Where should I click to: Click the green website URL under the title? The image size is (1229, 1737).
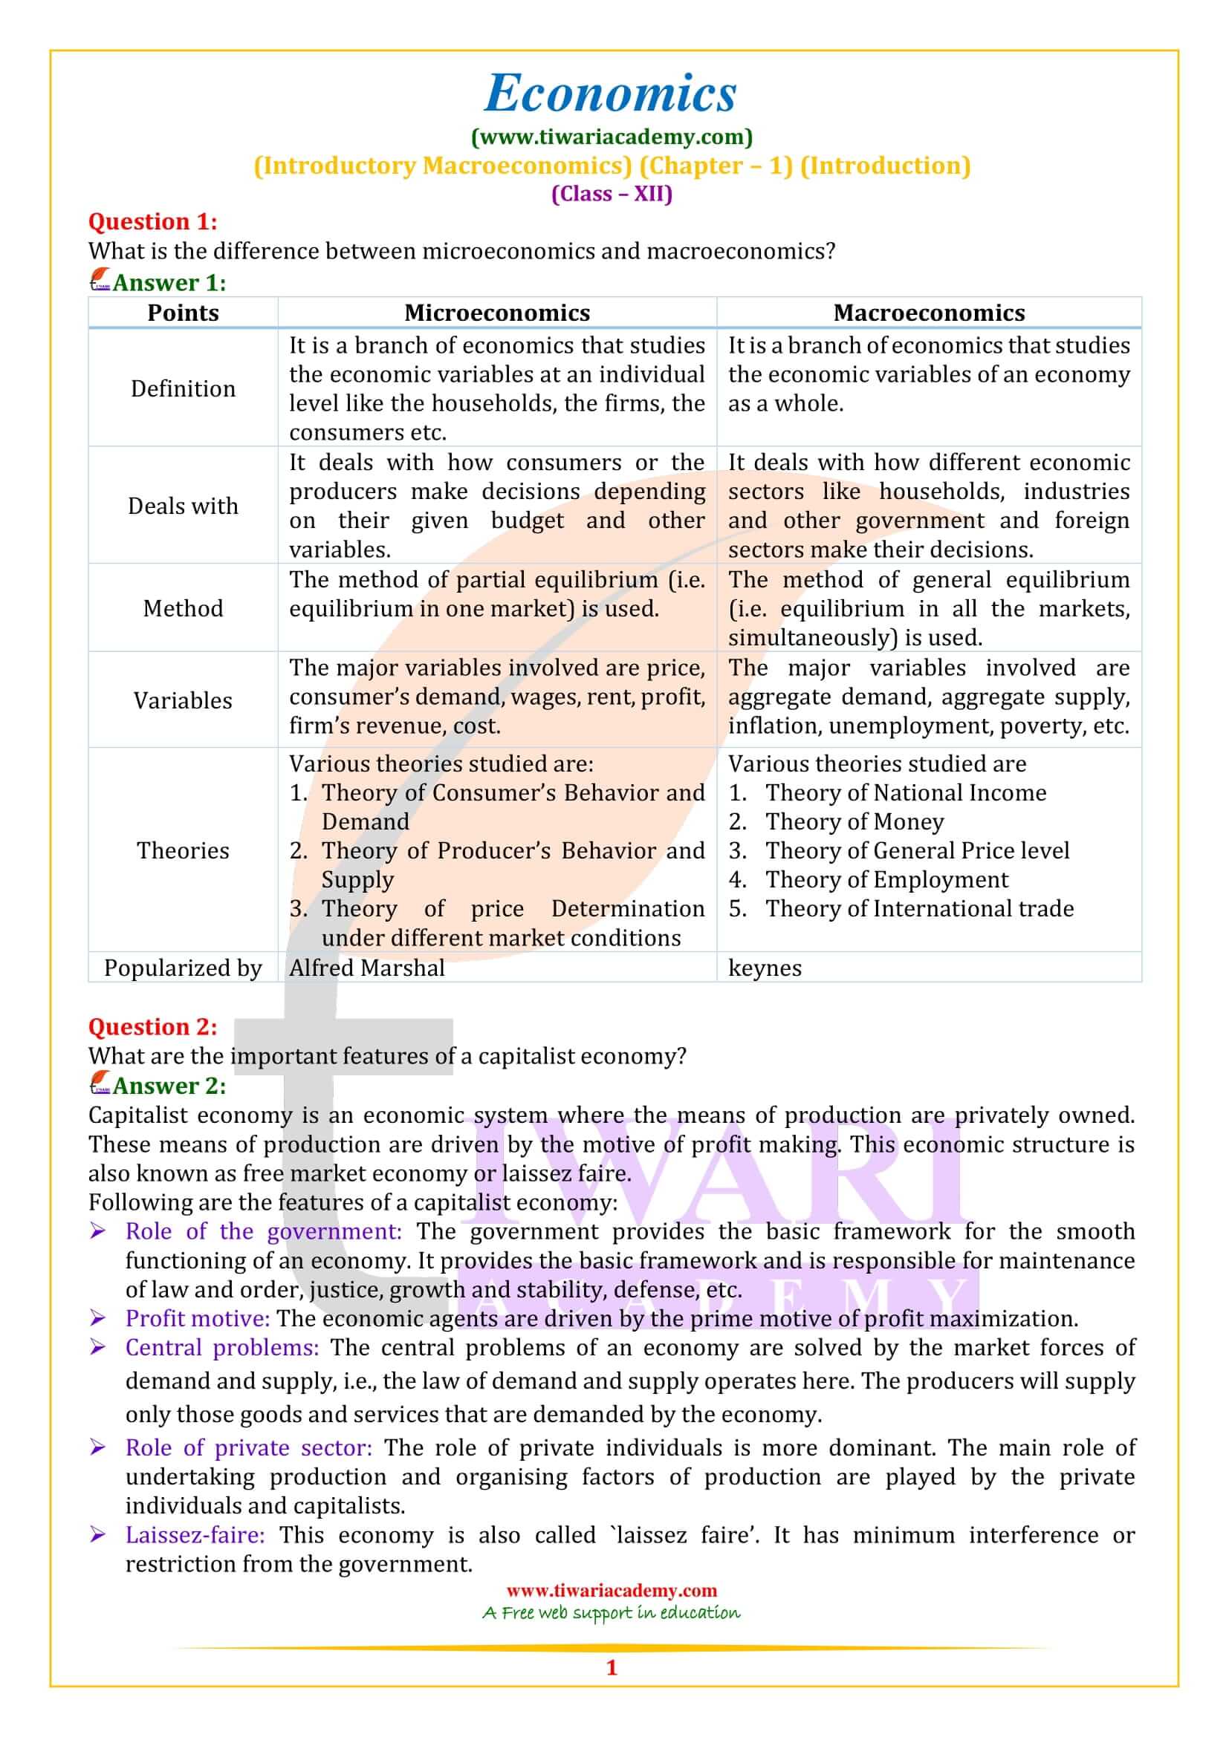point(612,137)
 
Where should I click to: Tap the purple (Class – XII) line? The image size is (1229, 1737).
point(612,194)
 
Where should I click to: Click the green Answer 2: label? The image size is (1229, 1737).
point(169,1086)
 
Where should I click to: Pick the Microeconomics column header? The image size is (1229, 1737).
point(496,313)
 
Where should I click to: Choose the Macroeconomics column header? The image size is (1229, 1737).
point(929,313)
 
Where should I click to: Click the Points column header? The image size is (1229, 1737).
point(183,313)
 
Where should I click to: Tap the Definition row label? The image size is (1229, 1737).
point(183,388)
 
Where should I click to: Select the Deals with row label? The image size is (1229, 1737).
point(183,506)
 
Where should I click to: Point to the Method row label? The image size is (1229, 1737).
point(183,608)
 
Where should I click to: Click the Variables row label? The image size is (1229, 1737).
point(183,700)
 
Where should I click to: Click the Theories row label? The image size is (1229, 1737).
point(183,850)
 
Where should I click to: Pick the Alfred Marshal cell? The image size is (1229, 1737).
point(367,968)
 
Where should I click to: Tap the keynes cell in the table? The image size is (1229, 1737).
point(765,968)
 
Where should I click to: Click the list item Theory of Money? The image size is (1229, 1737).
point(855,821)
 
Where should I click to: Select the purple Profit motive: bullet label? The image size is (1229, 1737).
point(198,1319)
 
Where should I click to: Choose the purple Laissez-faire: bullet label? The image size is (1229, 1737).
point(195,1535)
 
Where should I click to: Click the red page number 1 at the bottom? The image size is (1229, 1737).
point(612,1667)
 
